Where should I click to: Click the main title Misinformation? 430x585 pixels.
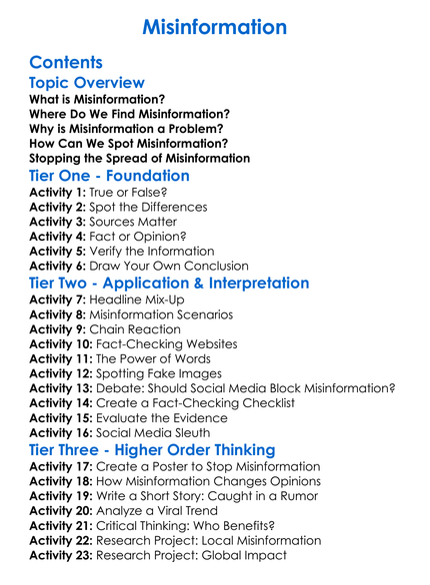[214, 26]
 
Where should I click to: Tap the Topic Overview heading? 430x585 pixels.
[87, 83]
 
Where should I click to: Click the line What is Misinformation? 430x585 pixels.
[97, 100]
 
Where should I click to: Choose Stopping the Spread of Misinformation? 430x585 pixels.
[140, 158]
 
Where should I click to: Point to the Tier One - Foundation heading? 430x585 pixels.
[110, 177]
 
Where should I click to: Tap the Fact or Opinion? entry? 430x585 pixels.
[138, 237]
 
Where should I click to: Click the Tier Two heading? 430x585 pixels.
[170, 284]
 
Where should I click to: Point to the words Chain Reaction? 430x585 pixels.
[135, 328]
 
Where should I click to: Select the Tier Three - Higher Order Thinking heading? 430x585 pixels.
[153, 449]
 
